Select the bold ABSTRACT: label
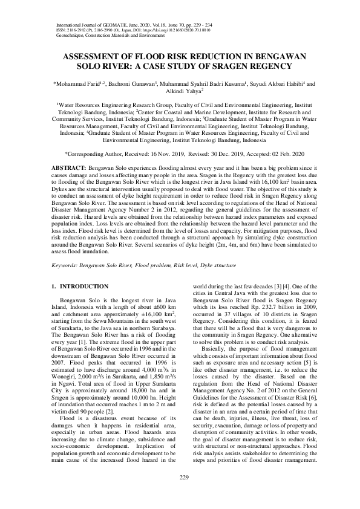click(69, 166)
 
